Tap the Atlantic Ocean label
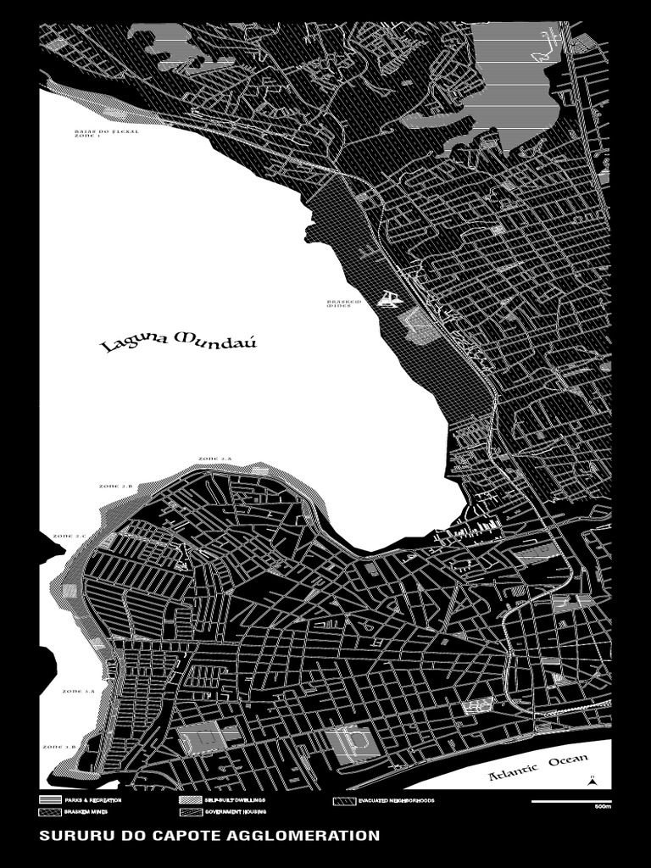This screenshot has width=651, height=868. [531, 767]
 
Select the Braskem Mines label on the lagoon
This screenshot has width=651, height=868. [344, 303]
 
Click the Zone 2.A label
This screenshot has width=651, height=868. [214, 459]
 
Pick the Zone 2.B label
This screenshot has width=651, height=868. [116, 487]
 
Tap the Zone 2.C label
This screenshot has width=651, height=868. [70, 537]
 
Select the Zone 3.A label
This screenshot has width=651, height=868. [79, 692]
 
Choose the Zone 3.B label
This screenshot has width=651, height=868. [59, 747]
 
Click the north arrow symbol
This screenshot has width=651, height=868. [594, 781]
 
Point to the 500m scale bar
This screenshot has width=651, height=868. [570, 802]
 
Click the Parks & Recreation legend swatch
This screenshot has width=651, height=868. [50, 800]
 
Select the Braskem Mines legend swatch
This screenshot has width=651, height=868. [50, 812]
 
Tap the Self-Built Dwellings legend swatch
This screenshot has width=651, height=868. [190, 800]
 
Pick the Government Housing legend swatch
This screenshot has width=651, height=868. [190, 812]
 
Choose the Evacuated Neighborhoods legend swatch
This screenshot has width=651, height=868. [343, 800]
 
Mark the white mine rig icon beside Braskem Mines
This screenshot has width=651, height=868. [390, 298]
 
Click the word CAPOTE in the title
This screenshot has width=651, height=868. [183, 836]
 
